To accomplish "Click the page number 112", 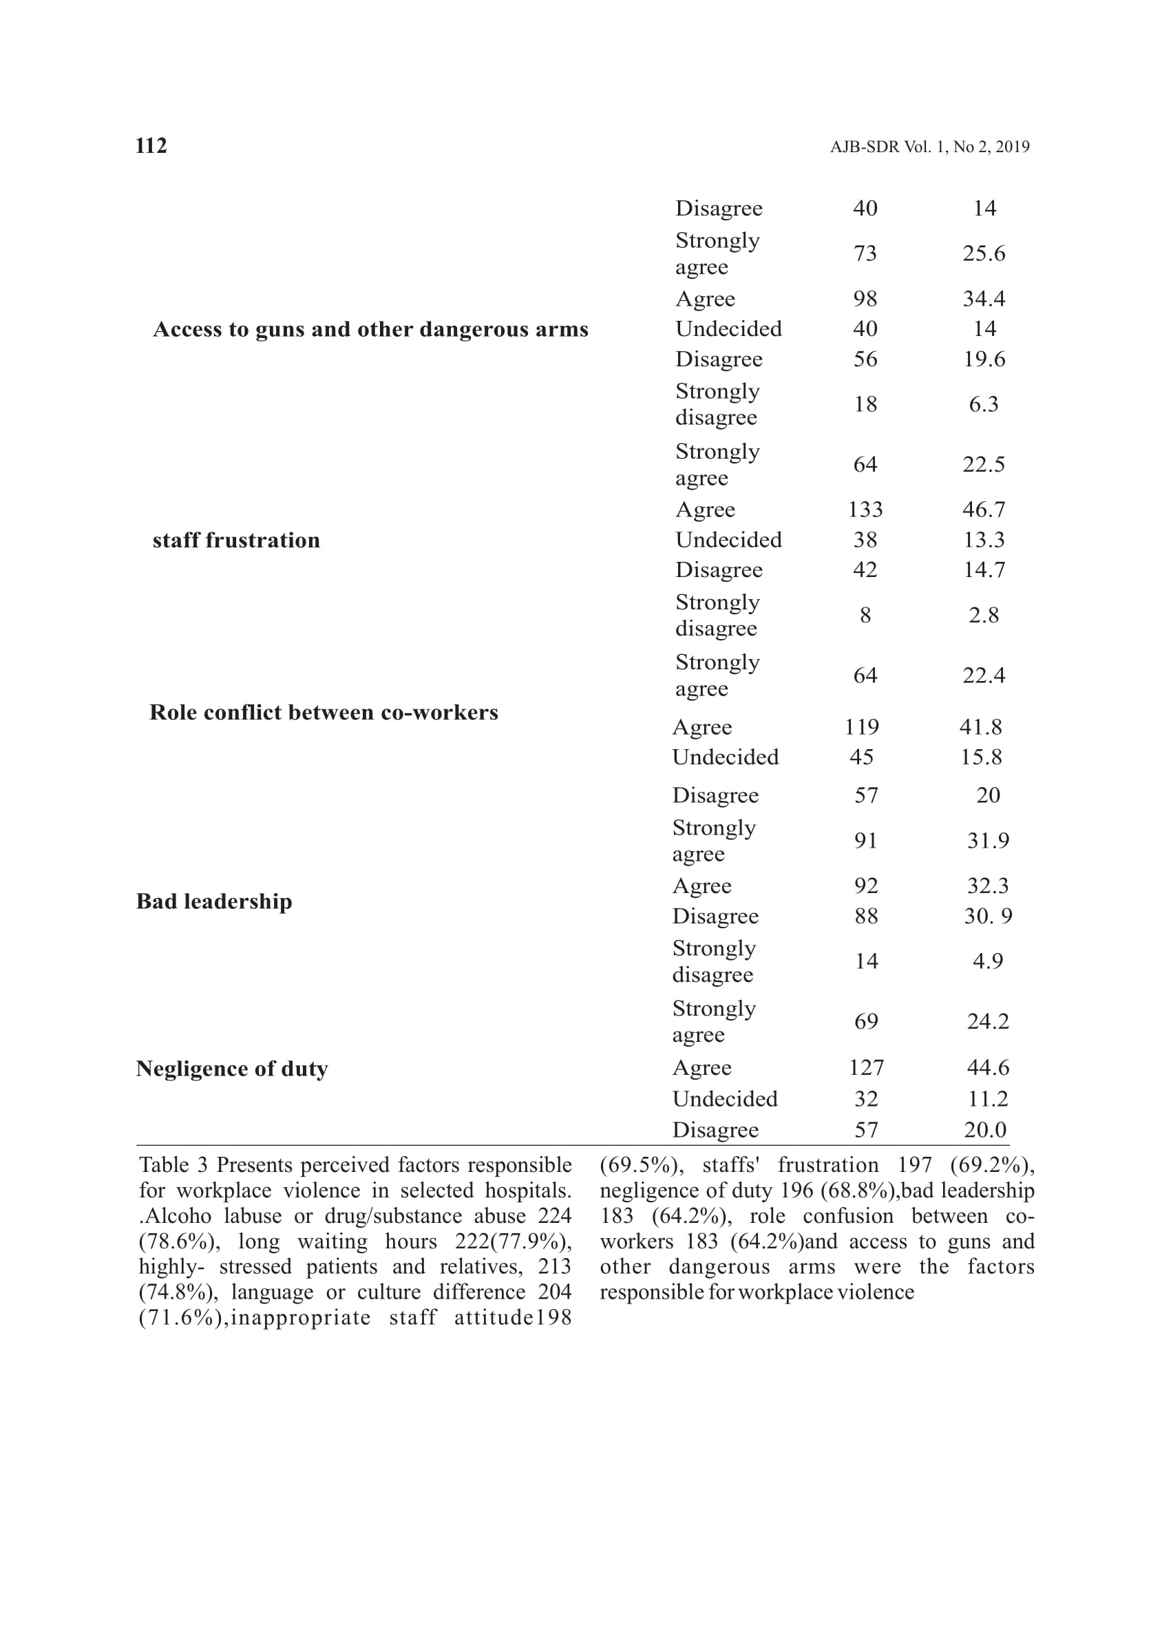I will pos(151,146).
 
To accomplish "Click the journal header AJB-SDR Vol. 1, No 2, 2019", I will pos(929,147).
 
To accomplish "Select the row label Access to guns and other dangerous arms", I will pos(370,329).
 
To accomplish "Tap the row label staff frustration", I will pos(236,541).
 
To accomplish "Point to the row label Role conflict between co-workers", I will pos(324,712).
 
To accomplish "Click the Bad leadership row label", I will pos(215,901).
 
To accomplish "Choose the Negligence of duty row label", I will pos(232,1069).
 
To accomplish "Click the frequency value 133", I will pos(865,510).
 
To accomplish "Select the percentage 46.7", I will pos(983,510).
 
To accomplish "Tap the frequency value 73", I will pos(865,253).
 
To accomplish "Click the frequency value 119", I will pos(862,726).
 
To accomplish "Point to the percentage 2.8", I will pos(983,616).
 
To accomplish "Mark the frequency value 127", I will pos(866,1068).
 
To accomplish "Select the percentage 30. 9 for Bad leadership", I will pos(987,916).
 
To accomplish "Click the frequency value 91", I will pos(866,841).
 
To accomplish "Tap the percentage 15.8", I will pos(981,757).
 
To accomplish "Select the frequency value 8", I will pos(865,616).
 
